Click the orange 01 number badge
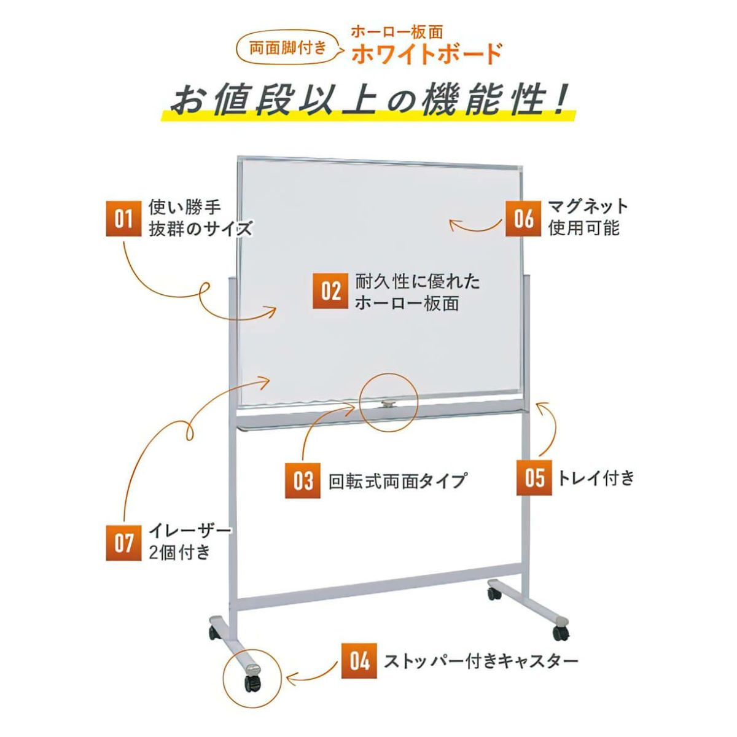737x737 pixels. click(x=123, y=219)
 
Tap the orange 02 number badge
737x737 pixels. click(x=330, y=291)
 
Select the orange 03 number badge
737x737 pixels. click(x=303, y=480)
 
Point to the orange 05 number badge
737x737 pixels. click(x=534, y=477)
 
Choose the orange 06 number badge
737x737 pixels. click(x=523, y=219)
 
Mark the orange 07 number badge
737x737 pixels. click(x=123, y=543)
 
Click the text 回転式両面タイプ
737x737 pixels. click(x=398, y=481)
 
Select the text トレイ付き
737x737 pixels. click(x=596, y=478)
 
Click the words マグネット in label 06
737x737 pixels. click(x=588, y=207)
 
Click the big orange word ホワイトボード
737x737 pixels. click(x=427, y=54)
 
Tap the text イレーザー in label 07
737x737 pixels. click(x=190, y=531)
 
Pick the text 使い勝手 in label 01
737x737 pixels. click(x=185, y=208)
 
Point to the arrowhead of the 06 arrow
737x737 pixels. click(x=453, y=225)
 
